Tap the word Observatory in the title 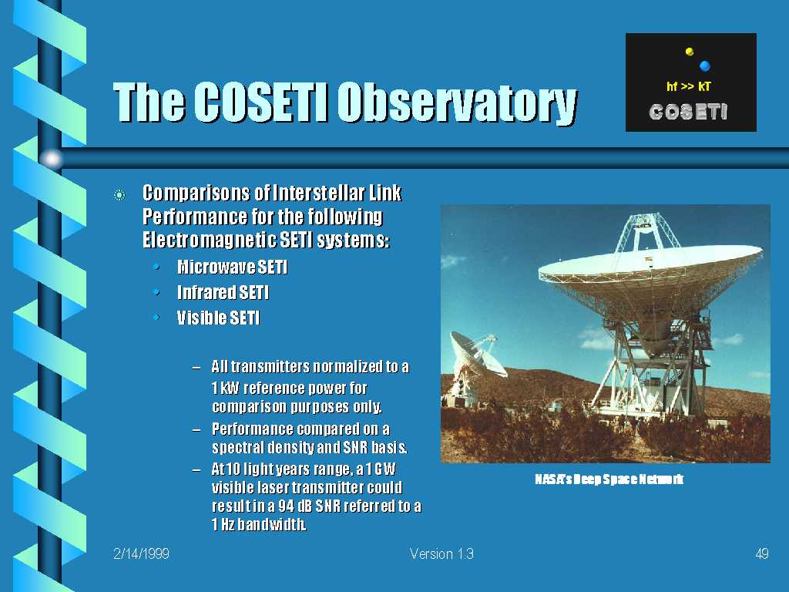pos(457,103)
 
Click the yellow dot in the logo pos(690,52)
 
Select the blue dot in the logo pos(704,66)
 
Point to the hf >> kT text pos(688,86)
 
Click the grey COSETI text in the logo pos(688,112)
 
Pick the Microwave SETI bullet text pos(233,267)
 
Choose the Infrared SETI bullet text pos(223,292)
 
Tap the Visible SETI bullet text pos(218,318)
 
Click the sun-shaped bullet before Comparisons pos(119,195)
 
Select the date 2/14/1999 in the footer pos(142,553)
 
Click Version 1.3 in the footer pos(442,553)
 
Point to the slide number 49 pos(762,553)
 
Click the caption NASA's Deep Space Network pos(609,479)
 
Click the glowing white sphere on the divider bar pos(52,159)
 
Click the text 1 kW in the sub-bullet pos(225,388)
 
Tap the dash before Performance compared pos(196,429)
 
